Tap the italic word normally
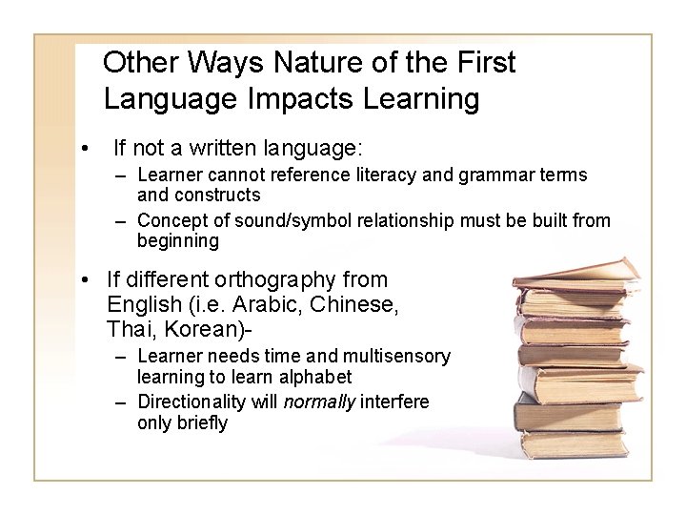[318, 402]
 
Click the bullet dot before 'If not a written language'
[85, 149]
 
